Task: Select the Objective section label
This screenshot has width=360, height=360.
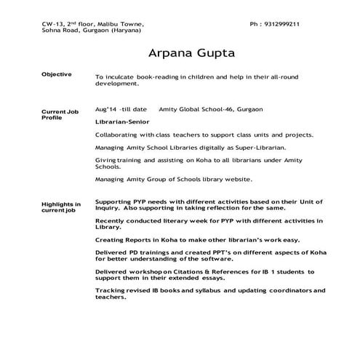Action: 56,75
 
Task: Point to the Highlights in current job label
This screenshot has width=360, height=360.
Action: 60,208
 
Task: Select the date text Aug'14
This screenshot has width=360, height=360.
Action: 105,109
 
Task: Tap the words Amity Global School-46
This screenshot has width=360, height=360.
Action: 196,109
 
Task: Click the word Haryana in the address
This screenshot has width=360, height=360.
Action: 126,32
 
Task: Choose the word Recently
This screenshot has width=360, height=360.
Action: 113,220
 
